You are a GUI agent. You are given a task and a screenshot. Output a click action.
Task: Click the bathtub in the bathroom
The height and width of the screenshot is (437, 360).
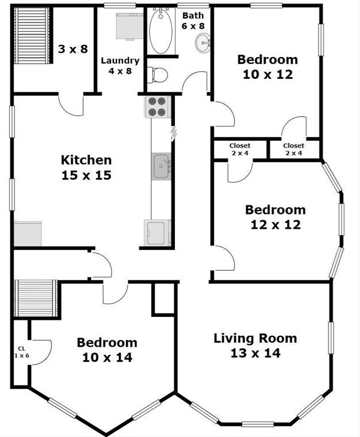click(x=161, y=31)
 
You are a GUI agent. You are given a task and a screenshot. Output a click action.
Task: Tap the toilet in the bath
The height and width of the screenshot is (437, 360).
click(x=157, y=75)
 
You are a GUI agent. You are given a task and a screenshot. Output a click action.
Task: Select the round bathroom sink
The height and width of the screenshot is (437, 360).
click(x=202, y=43)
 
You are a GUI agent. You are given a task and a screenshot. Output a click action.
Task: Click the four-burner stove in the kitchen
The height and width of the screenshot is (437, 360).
click(x=157, y=107)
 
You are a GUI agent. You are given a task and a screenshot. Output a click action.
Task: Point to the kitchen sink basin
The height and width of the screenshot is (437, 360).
click(x=161, y=166)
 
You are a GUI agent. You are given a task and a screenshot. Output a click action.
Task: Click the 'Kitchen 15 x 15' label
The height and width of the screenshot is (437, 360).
click(x=86, y=167)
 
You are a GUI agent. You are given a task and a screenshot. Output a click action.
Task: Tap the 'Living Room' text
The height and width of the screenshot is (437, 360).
click(x=255, y=338)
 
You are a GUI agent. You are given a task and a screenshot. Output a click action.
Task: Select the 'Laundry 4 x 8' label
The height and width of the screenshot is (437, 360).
click(x=120, y=66)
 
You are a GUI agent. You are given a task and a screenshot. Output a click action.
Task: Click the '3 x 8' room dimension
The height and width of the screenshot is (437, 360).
click(x=73, y=49)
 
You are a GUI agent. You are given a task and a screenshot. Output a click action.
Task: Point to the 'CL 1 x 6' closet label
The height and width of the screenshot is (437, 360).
click(x=22, y=352)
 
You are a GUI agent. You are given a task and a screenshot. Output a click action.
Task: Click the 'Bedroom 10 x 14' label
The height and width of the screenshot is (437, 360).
click(x=108, y=350)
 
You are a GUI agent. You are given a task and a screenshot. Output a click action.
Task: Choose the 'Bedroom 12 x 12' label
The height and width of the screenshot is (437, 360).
click(x=275, y=217)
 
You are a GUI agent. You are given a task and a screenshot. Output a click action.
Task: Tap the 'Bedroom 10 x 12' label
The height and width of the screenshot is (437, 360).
click(x=268, y=67)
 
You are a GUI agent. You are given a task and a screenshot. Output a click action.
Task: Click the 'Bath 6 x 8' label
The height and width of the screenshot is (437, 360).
click(x=193, y=21)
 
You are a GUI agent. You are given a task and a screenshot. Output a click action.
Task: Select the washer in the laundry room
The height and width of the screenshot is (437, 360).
click(x=129, y=26)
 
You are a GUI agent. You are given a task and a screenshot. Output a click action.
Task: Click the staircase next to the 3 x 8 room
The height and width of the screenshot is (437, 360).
click(x=32, y=36)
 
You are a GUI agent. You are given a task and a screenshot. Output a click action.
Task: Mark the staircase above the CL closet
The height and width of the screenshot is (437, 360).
click(x=36, y=298)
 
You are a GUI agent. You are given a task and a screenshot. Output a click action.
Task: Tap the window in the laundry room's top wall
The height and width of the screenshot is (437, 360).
click(x=120, y=5)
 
